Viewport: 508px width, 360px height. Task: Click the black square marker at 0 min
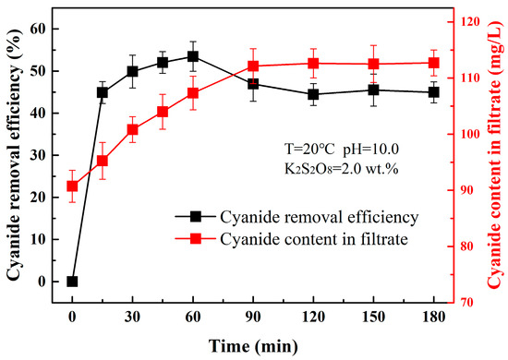(72, 282)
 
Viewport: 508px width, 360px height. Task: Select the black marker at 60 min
(192, 56)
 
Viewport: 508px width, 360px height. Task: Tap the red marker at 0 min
(72, 186)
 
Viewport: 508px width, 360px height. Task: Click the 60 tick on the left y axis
(48, 29)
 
